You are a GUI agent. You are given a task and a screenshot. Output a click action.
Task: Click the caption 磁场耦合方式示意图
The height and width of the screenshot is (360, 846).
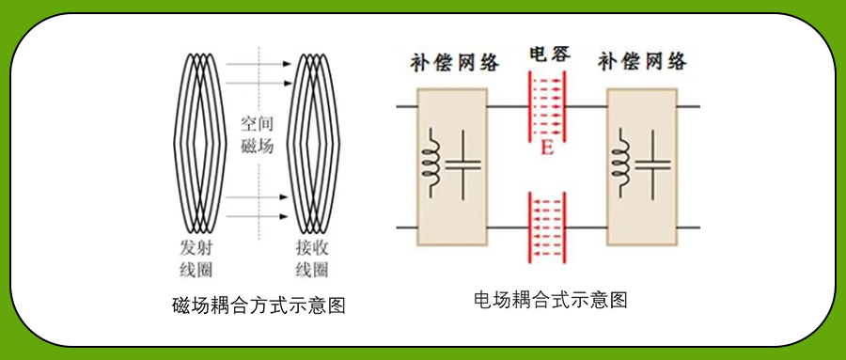(259, 305)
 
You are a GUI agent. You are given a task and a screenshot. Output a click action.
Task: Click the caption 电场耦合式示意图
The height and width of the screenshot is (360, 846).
(550, 300)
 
